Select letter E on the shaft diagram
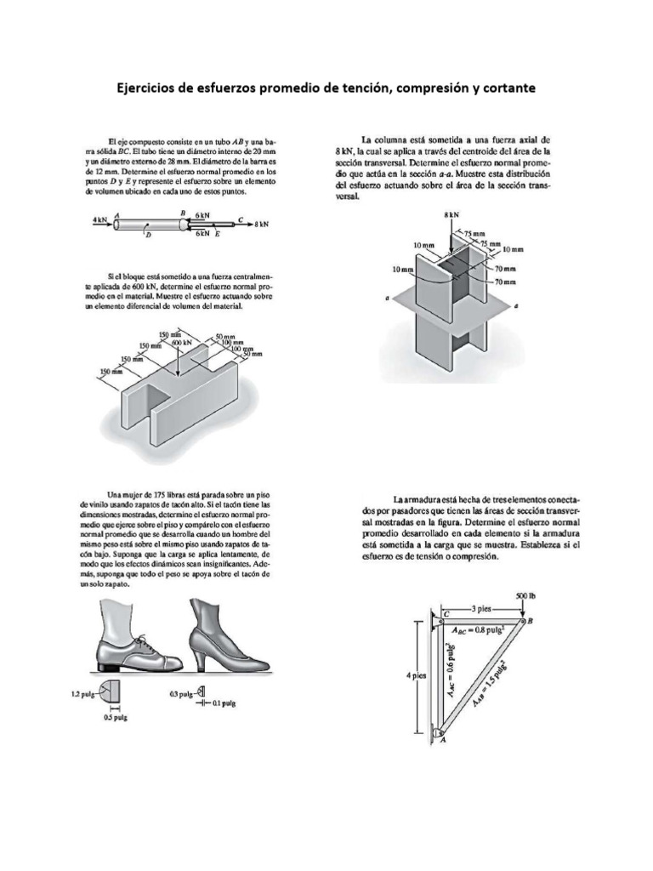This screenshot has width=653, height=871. tap(218, 233)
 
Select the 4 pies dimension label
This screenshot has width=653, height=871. tap(416, 675)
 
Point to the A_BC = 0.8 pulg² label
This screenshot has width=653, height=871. tap(484, 630)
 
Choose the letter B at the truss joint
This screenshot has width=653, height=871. tap(532, 622)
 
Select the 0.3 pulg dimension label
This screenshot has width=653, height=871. tap(179, 695)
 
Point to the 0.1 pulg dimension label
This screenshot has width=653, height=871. tap(223, 704)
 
